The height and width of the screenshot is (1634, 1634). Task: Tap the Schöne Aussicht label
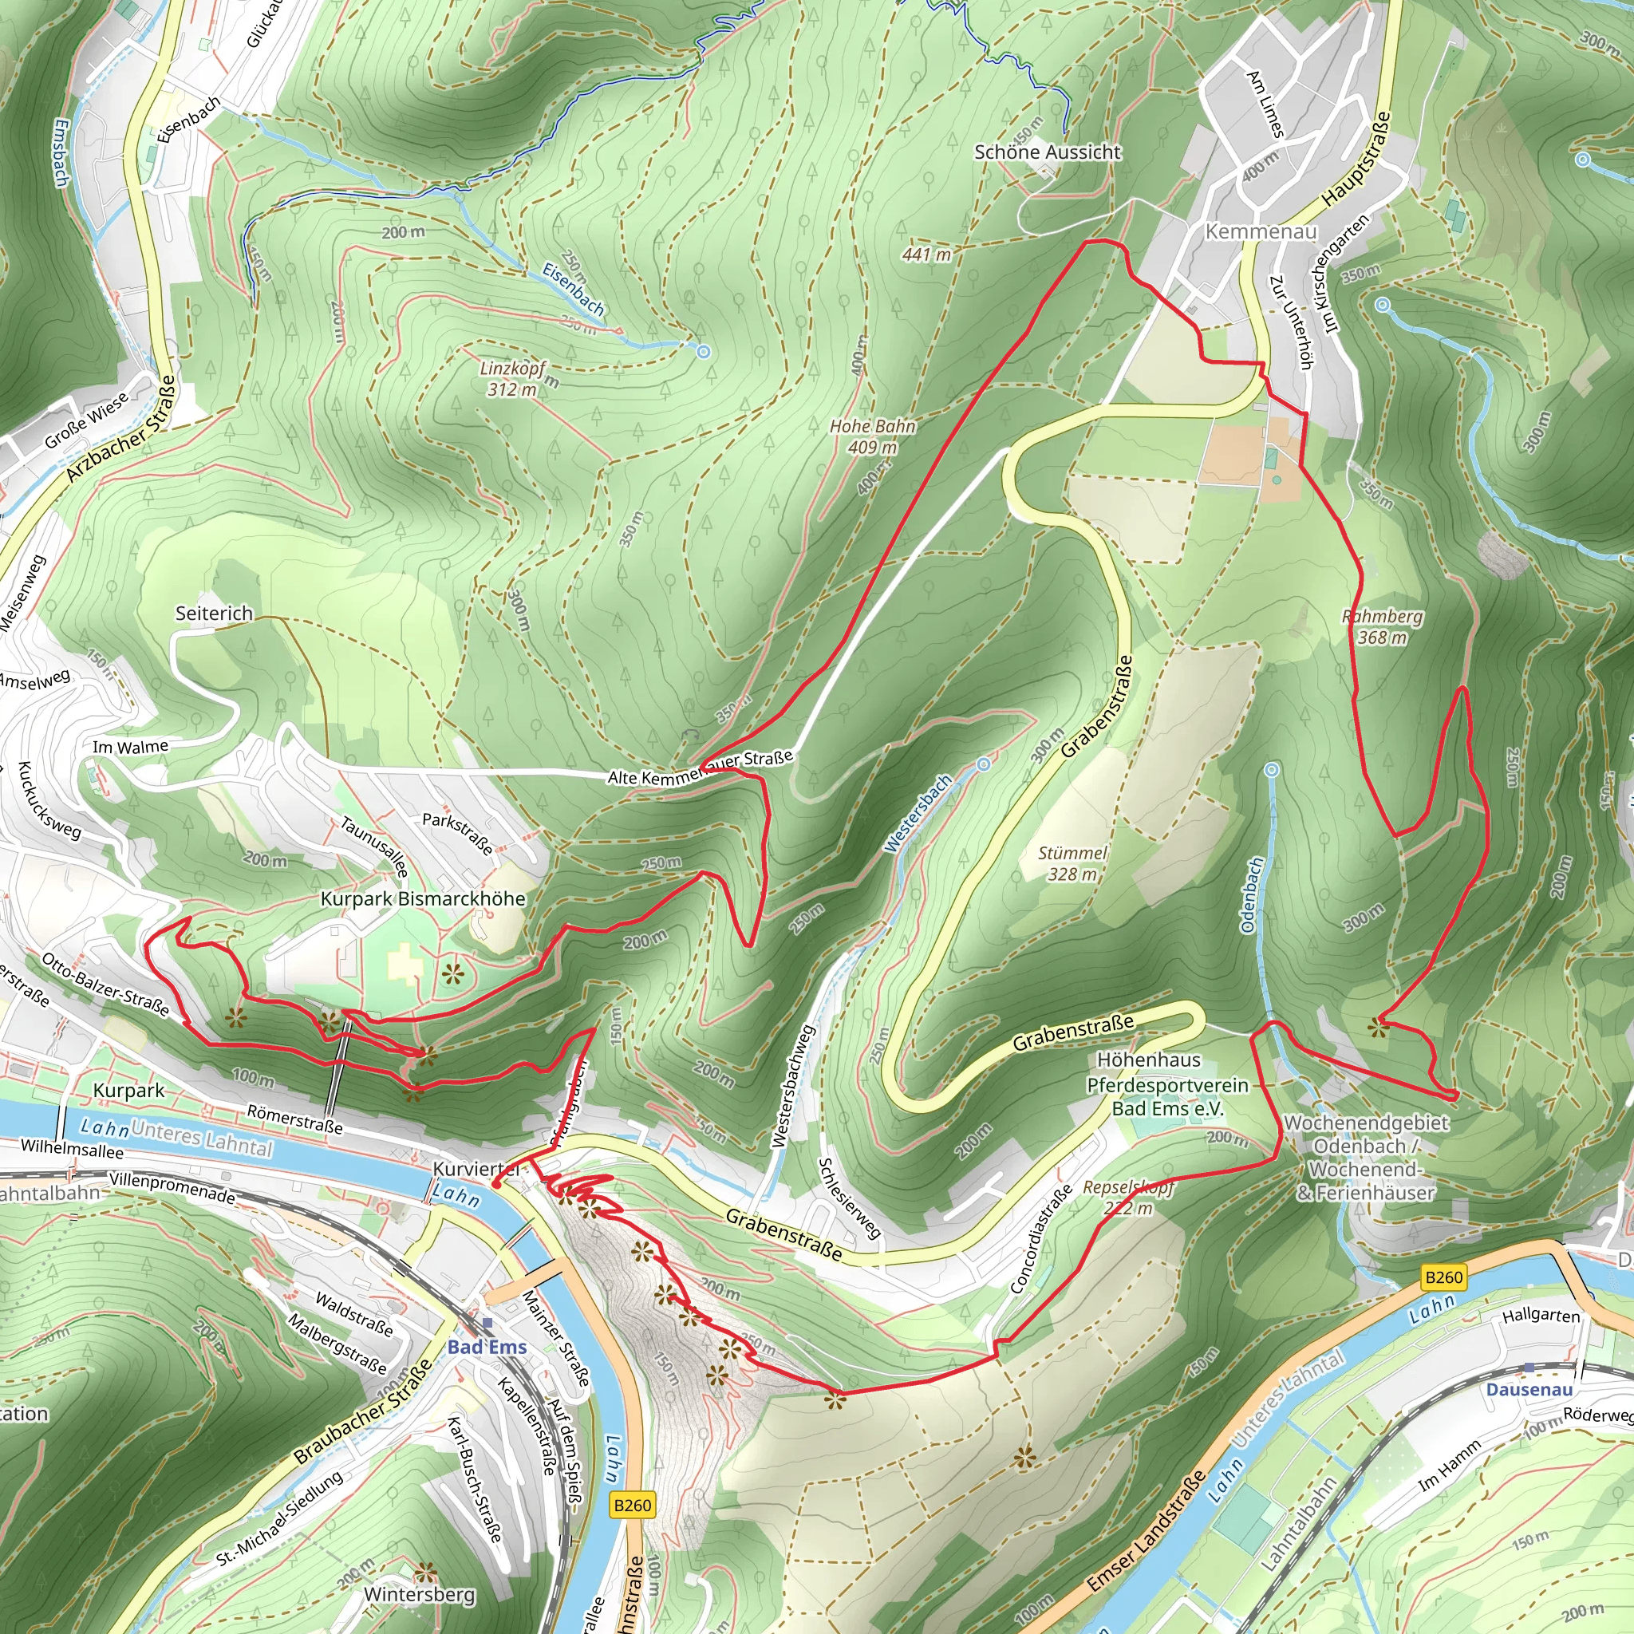click(1047, 152)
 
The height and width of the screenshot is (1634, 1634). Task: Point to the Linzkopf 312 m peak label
click(512, 379)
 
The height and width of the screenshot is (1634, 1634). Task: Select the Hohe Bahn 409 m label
click(873, 436)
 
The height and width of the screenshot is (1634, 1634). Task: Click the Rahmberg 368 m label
click(1382, 626)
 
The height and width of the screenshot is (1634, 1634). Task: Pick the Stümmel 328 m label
click(1072, 863)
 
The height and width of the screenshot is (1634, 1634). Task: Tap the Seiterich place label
click(214, 614)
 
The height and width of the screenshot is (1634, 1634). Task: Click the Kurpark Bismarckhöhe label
click(423, 899)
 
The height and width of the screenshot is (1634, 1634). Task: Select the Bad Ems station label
click(487, 1348)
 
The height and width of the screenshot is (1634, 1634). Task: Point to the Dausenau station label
click(1529, 1389)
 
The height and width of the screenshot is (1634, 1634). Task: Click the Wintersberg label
click(420, 1595)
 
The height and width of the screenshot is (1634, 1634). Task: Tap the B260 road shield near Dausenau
click(1443, 1277)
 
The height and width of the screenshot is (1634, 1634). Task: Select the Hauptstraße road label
click(1356, 159)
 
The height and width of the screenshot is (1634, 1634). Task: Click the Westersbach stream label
click(918, 814)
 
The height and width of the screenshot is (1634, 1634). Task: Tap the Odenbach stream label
click(1252, 896)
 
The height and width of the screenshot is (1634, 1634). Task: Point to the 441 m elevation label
click(926, 254)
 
